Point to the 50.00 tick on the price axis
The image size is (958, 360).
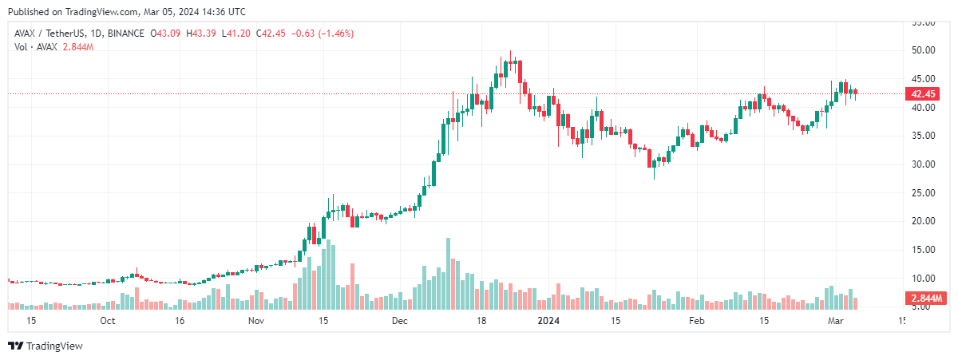point(925,50)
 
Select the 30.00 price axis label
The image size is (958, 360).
point(925,164)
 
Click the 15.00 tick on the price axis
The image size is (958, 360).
point(925,250)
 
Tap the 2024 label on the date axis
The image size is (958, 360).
point(548,321)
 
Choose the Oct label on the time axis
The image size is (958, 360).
point(109,321)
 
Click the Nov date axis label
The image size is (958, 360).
point(255,321)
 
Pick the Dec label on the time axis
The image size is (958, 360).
point(400,321)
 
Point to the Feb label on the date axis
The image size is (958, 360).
point(697,321)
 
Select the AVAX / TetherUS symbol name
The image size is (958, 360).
point(50,34)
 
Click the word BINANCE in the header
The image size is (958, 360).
point(126,34)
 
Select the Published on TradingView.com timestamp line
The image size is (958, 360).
point(126,12)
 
